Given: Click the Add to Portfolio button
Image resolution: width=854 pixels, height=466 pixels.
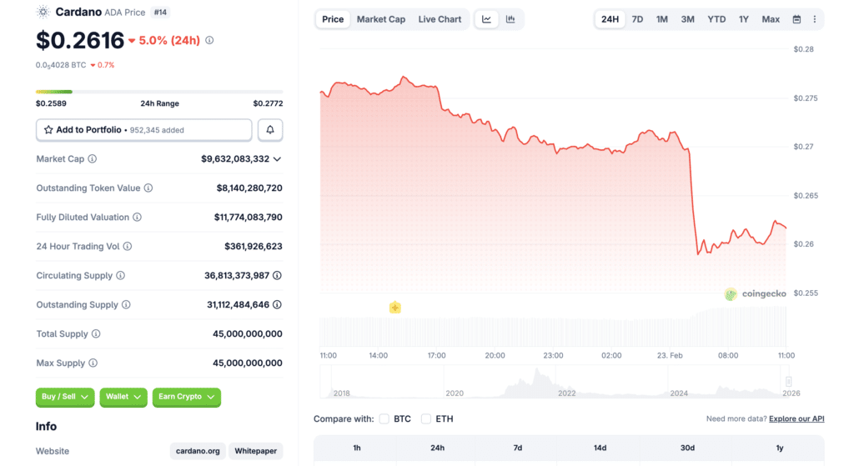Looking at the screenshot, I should (143, 130).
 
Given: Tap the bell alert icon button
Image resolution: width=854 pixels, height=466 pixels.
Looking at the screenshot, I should (270, 130).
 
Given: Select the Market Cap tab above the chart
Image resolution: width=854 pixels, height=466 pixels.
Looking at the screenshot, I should (380, 19).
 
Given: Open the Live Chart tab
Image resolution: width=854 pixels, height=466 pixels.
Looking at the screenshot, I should (440, 19).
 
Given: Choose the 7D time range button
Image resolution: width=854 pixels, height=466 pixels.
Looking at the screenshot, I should (637, 19).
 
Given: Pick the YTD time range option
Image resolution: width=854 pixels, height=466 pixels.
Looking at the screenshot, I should (716, 19).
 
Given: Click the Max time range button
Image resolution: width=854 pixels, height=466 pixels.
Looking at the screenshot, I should (771, 19).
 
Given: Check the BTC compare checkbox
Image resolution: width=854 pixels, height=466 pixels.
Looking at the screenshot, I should (384, 418).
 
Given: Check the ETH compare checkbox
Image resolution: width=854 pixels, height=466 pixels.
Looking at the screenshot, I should (426, 418).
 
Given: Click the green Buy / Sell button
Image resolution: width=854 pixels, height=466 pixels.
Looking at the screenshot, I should (65, 397).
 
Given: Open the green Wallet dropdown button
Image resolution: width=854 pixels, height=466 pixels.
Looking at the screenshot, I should (123, 397).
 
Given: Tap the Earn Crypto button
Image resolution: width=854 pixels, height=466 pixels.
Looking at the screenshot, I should (187, 397).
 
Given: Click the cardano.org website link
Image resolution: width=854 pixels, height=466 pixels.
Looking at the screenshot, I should (198, 451).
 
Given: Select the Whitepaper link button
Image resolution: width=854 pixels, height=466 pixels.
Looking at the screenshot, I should (255, 451).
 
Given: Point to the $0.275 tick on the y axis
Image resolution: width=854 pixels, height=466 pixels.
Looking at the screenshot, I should (806, 98).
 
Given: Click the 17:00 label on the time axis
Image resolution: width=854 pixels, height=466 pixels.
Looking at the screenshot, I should (437, 355).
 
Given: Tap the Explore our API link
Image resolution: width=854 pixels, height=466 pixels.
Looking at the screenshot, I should (796, 418).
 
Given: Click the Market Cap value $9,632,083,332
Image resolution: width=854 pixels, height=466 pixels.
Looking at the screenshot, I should (235, 158).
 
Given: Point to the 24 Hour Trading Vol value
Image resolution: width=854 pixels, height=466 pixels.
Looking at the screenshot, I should (254, 246).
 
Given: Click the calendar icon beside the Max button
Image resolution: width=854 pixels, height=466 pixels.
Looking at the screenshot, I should (796, 19).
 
